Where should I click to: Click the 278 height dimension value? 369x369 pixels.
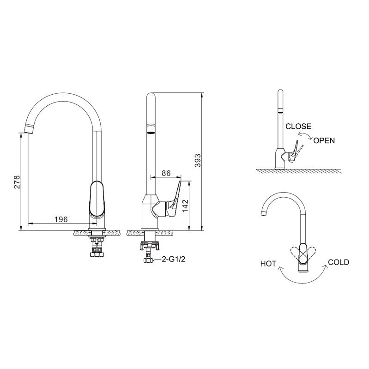[x=17, y=182]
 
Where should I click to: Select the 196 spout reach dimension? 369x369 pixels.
[x=61, y=219]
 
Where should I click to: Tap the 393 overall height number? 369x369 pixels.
[x=198, y=161]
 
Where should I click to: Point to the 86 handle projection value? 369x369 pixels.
[x=166, y=173]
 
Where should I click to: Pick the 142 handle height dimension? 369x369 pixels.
[x=185, y=206]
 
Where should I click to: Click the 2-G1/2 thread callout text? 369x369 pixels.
[x=174, y=259]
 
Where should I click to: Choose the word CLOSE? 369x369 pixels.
[x=298, y=127]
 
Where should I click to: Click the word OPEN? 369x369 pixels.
[x=324, y=140]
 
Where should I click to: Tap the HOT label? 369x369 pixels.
[x=268, y=264]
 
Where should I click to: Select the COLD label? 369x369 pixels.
[x=339, y=262]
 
